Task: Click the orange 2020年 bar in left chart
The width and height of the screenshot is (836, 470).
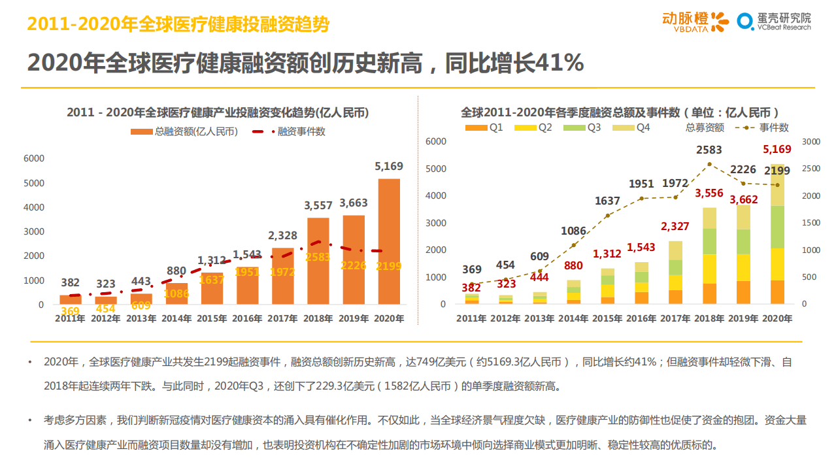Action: click(389, 241)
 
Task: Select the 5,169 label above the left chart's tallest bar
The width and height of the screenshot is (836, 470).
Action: click(389, 166)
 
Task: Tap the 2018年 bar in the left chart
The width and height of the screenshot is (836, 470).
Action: click(318, 261)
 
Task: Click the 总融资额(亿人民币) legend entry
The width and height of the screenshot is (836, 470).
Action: click(184, 131)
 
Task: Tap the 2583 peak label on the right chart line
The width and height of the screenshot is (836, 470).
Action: click(709, 150)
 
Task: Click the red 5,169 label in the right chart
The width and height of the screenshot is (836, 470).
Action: click(777, 149)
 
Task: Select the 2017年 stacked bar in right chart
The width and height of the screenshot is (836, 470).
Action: click(675, 273)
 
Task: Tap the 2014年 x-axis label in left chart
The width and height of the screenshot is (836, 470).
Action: click(177, 319)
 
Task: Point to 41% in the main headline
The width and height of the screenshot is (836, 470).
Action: click(560, 63)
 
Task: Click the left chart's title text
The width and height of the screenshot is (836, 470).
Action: click(218, 112)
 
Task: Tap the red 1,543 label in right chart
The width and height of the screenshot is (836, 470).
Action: click(641, 247)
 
